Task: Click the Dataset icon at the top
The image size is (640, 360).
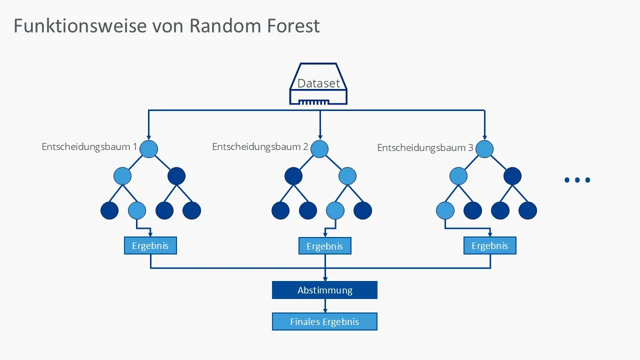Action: tap(319, 84)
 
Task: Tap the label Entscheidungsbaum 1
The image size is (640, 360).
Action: tap(89, 146)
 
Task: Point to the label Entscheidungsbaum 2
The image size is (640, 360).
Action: tap(260, 146)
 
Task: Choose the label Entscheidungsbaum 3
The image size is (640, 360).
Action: tap(425, 148)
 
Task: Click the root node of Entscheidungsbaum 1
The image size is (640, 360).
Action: tap(148, 149)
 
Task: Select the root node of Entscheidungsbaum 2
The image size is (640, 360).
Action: tap(319, 149)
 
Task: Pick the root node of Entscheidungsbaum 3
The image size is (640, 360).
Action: tap(484, 149)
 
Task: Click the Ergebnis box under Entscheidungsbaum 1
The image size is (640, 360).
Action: tap(150, 245)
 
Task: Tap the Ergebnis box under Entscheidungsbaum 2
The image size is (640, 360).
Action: tap(325, 246)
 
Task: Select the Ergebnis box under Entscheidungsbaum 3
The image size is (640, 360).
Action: tap(490, 245)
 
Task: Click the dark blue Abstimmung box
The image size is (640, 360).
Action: tap(324, 290)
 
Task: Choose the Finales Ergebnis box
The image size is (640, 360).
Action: tap(324, 321)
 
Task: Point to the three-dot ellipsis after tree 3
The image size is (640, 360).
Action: tap(577, 180)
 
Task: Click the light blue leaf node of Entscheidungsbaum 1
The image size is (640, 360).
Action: tap(137, 210)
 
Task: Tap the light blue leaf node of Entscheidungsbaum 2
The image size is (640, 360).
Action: tap(335, 210)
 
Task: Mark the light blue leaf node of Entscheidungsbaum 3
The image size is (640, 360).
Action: tap(445, 210)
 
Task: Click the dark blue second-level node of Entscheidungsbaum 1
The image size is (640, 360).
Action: tap(176, 176)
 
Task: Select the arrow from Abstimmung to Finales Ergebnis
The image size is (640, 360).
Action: tap(325, 306)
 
